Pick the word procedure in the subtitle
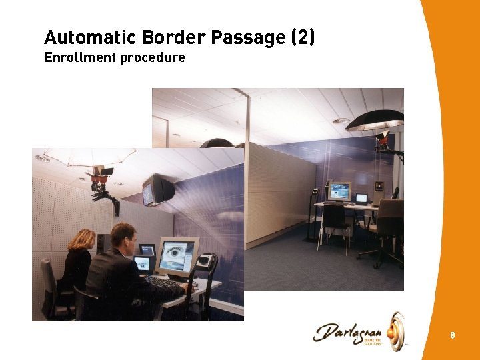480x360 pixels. pyautogui.click(x=153, y=59)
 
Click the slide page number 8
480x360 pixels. pyautogui.click(x=453, y=335)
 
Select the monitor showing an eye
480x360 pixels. pyautogui.click(x=178, y=256)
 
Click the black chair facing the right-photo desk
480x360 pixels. pyautogui.click(x=335, y=223)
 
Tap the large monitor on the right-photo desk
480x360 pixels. pyautogui.click(x=339, y=191)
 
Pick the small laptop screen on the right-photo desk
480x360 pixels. pyautogui.click(x=361, y=198)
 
